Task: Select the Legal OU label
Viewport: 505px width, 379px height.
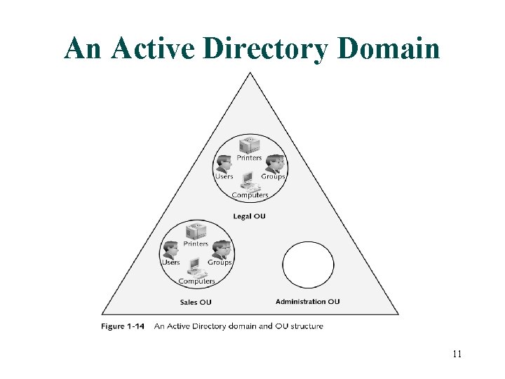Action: [x=249, y=216]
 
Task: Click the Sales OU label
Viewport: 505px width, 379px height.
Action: [x=196, y=302]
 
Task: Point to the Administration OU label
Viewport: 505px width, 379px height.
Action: [x=307, y=302]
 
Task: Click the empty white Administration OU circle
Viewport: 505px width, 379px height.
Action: [x=308, y=265]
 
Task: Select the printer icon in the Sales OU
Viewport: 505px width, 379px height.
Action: [x=196, y=231]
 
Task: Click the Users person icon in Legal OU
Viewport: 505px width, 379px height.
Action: [x=224, y=164]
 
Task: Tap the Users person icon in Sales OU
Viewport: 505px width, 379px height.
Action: [x=170, y=250]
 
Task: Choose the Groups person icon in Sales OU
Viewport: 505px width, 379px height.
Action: [x=221, y=250]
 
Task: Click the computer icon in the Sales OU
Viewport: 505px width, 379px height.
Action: [x=196, y=268]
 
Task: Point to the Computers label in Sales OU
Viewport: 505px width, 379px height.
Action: [x=196, y=281]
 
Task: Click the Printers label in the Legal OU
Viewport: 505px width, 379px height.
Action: [x=249, y=158]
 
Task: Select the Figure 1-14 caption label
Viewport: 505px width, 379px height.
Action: [x=123, y=326]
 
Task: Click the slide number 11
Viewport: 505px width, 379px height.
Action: [x=457, y=354]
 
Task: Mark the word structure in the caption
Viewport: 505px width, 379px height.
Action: [x=305, y=326]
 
